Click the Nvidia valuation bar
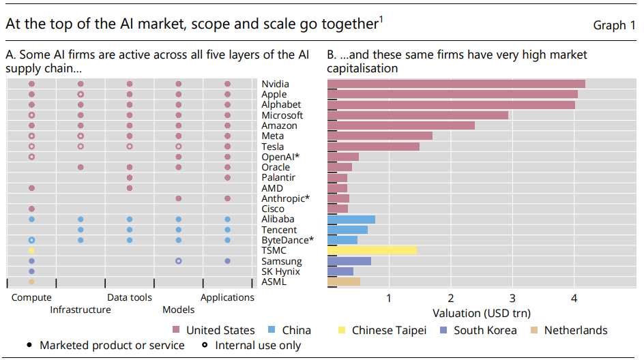(x=456, y=84)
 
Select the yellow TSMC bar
(x=372, y=250)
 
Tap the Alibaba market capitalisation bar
(x=351, y=219)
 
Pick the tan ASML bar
(x=343, y=282)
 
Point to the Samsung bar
(x=349, y=261)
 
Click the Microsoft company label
(x=282, y=115)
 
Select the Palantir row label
(x=278, y=177)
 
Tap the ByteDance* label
(x=287, y=240)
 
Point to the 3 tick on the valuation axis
(x=512, y=298)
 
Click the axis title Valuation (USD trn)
(x=481, y=313)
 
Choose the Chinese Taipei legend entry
(x=389, y=331)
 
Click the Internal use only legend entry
(x=258, y=346)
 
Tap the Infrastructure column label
(x=80, y=310)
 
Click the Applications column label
(x=227, y=297)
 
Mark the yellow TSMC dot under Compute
(x=31, y=250)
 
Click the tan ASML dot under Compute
(x=31, y=282)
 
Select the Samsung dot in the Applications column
(x=227, y=261)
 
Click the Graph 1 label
(x=614, y=25)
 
